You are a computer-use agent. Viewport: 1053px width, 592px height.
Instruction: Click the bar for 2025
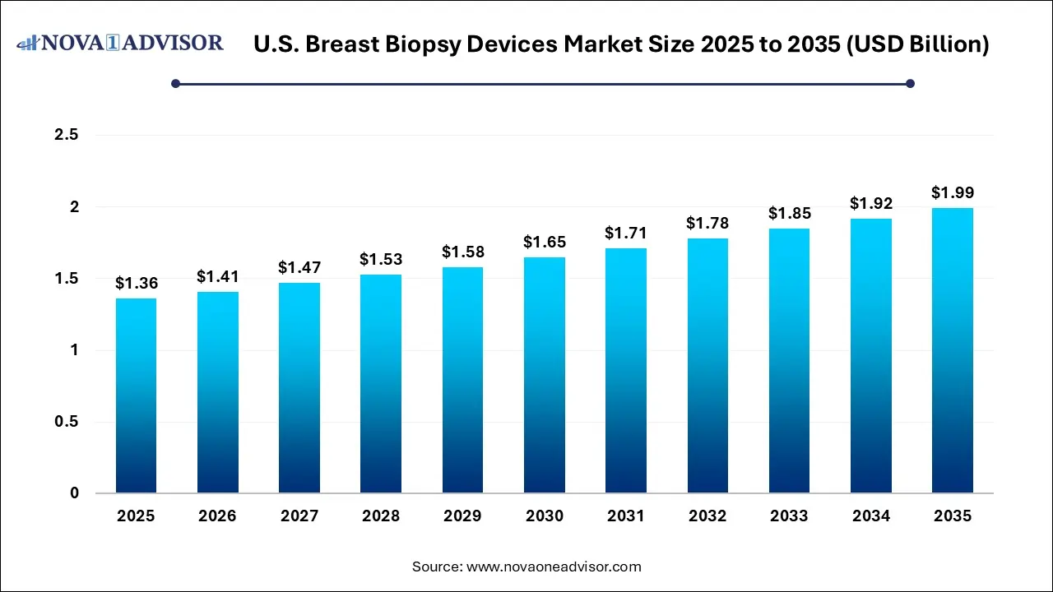click(x=136, y=395)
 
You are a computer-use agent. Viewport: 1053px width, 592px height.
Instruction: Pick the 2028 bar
click(x=381, y=384)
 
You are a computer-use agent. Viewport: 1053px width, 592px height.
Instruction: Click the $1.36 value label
click(x=136, y=284)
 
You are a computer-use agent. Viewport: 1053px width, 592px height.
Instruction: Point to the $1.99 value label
click(x=952, y=193)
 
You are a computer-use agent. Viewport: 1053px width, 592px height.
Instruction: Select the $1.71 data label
click(x=625, y=234)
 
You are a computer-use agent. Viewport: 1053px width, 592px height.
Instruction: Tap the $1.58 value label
click(x=462, y=252)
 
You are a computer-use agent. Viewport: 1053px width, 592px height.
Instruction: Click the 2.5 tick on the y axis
click(x=66, y=135)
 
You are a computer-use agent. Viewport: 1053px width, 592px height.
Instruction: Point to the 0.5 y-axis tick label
click(x=66, y=422)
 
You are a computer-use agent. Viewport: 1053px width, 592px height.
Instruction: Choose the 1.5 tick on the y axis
click(x=66, y=279)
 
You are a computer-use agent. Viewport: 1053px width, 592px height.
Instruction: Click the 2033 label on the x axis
click(x=789, y=516)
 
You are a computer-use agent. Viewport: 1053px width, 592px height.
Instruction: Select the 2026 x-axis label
click(x=217, y=516)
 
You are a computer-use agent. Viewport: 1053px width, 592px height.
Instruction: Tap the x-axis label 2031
click(x=625, y=516)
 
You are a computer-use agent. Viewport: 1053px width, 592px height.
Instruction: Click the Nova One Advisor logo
click(x=121, y=43)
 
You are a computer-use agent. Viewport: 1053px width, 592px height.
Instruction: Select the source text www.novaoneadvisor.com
click(x=554, y=567)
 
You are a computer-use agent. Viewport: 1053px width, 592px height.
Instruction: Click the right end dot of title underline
click(x=910, y=83)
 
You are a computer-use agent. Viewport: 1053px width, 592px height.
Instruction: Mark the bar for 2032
click(x=707, y=366)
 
